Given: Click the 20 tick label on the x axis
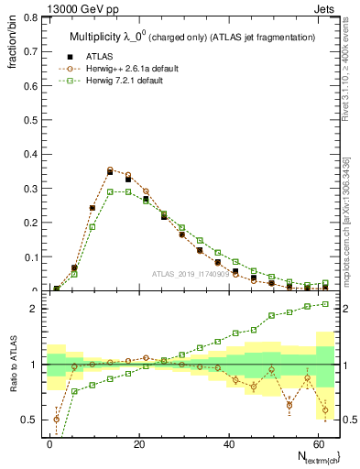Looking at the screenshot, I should (x=139, y=443).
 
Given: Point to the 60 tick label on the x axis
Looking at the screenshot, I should (x=318, y=443).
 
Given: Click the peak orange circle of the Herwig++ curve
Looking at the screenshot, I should (x=110, y=169).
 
